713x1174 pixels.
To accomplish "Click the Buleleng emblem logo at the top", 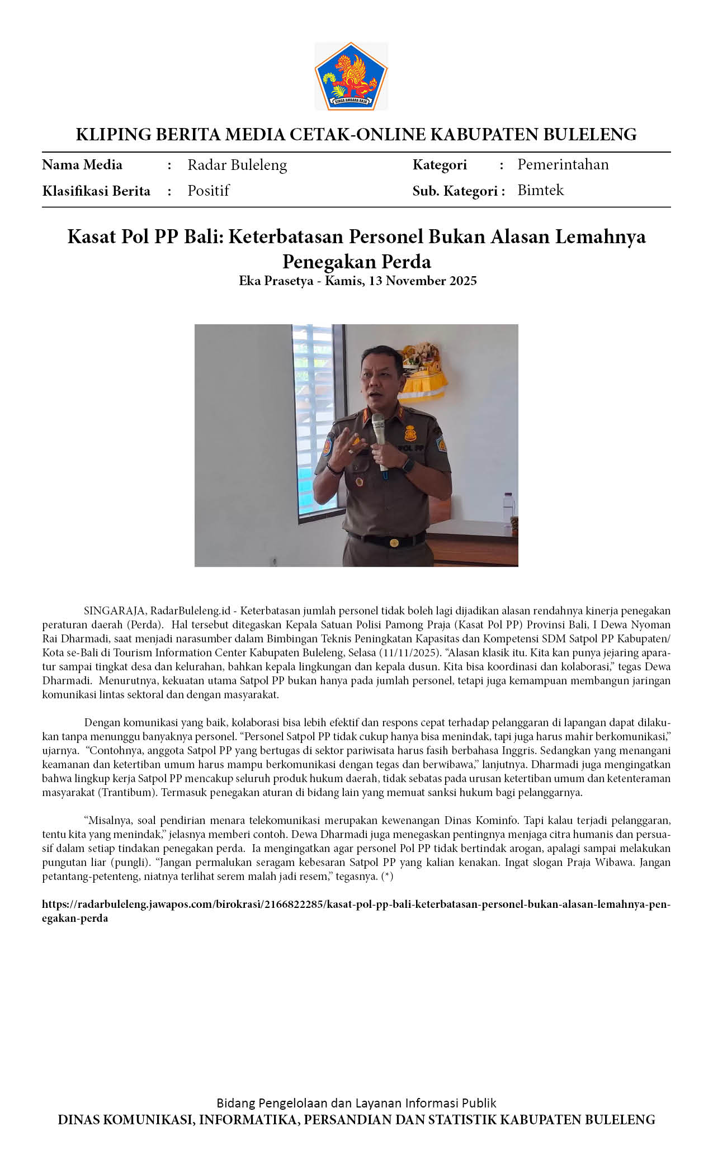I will [x=351, y=76].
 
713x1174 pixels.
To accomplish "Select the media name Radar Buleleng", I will [x=237, y=165].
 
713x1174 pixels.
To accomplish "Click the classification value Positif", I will [x=209, y=191].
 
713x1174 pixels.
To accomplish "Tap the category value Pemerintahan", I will [x=563, y=164].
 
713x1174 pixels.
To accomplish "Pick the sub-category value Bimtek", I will [x=540, y=190].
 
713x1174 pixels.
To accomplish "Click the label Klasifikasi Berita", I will [x=96, y=191].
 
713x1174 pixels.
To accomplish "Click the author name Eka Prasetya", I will [x=276, y=281].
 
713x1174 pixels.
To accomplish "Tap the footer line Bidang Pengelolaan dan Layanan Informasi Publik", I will [x=356, y=1103].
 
